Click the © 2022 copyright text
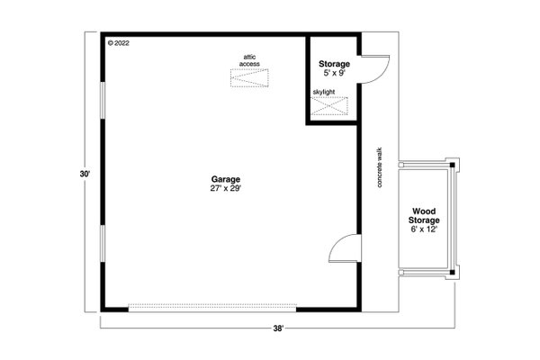[119, 42]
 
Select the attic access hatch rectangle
[250, 80]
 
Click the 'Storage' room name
[334, 64]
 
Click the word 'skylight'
[325, 91]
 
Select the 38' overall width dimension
[278, 329]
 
